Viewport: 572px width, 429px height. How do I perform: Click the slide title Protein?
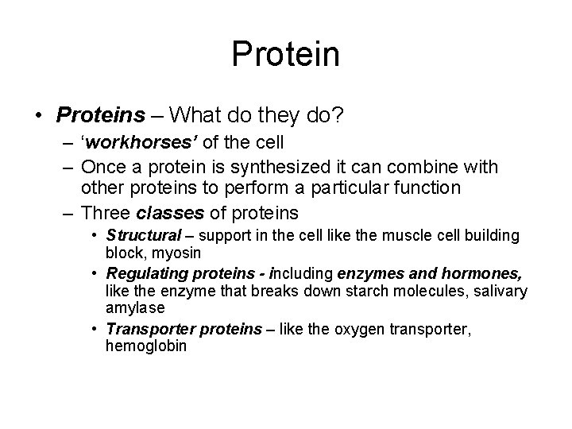click(x=286, y=54)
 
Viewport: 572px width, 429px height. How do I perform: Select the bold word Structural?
click(x=144, y=236)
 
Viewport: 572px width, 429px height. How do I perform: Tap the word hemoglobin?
click(x=146, y=346)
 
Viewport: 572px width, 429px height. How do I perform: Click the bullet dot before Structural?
click(x=95, y=236)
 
